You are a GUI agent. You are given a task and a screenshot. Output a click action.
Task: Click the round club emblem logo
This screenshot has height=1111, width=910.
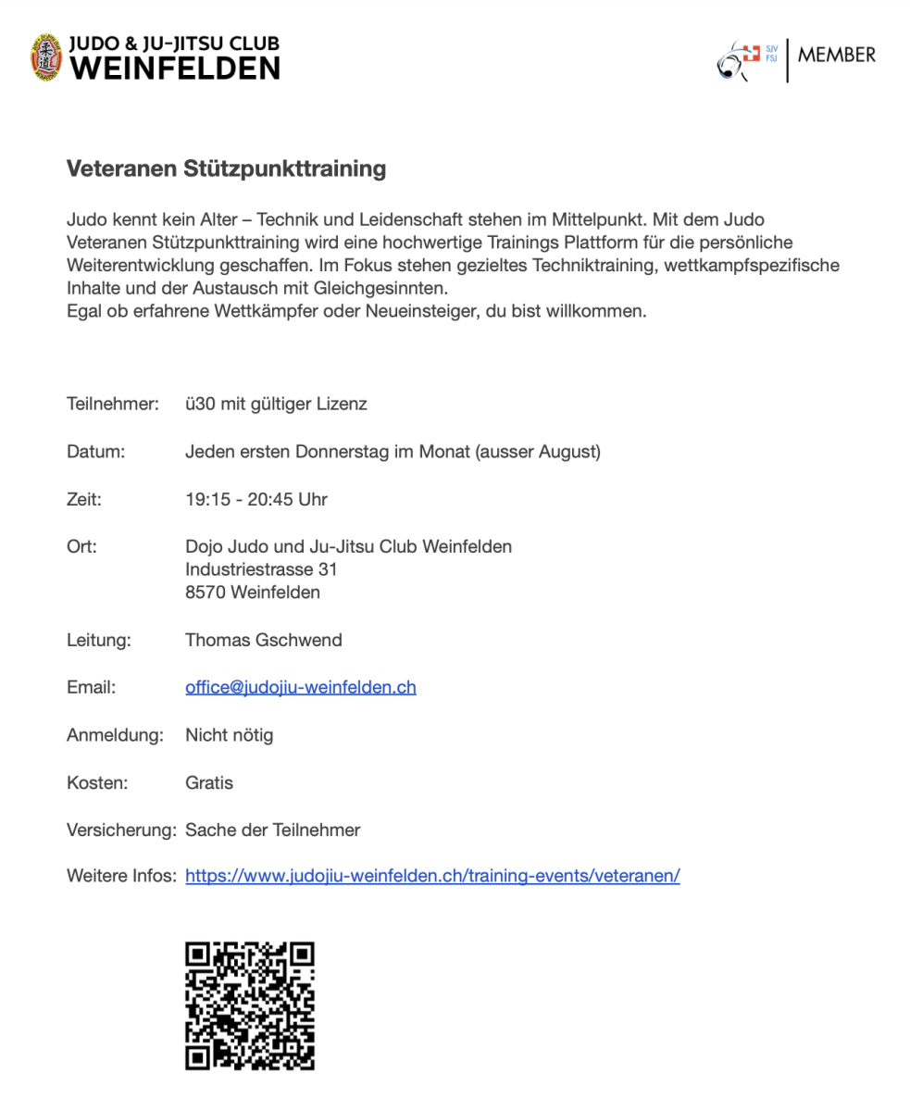(47, 57)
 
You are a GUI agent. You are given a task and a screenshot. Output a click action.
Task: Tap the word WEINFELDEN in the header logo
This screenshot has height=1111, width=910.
(175, 68)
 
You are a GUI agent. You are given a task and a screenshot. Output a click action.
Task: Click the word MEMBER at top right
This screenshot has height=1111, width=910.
(836, 55)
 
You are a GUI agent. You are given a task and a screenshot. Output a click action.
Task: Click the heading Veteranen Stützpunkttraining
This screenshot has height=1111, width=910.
(226, 169)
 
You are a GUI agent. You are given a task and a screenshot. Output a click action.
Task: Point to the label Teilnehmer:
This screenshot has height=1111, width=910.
(113, 405)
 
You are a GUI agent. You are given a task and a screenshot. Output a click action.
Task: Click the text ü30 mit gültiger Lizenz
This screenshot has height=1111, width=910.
(276, 405)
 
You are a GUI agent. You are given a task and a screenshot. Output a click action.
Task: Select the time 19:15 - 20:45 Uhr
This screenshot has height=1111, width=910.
(256, 500)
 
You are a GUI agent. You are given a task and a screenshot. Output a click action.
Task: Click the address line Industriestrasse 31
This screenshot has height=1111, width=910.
(261, 569)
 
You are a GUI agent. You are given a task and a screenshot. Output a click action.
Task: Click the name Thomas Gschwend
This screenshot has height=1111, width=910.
(264, 641)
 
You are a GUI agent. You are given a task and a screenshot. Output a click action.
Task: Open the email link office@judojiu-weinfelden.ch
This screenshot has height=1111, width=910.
(301, 688)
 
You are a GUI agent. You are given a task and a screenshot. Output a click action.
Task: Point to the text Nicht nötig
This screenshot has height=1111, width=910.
(229, 736)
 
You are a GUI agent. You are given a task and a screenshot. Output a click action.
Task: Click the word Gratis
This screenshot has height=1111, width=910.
(209, 783)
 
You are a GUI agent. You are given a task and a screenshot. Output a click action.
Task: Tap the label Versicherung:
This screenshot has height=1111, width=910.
(120, 830)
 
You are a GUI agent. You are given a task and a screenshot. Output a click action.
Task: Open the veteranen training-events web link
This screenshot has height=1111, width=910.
(432, 877)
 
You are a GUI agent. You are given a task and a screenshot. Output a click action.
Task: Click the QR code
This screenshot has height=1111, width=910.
(250, 1005)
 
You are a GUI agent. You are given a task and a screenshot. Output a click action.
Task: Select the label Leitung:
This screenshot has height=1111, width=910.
(98, 641)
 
